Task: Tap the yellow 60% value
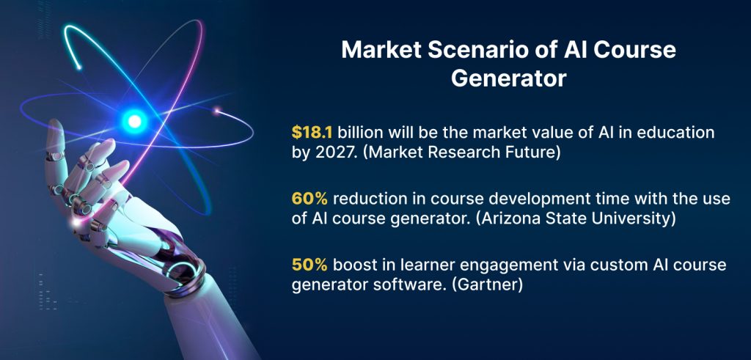308,200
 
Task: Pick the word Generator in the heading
508,78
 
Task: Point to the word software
406,285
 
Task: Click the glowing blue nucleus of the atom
134,118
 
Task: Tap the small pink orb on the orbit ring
217,111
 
